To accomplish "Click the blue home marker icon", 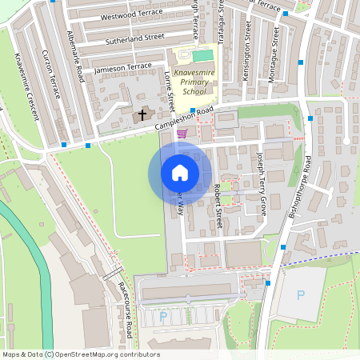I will pos(180,173).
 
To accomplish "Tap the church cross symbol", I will pos(142,115).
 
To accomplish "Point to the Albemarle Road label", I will pos(77,57).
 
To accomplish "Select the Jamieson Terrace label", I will pos(122,67).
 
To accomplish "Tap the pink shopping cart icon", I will pos(182,134).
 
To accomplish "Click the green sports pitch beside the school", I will pos(203,56).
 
